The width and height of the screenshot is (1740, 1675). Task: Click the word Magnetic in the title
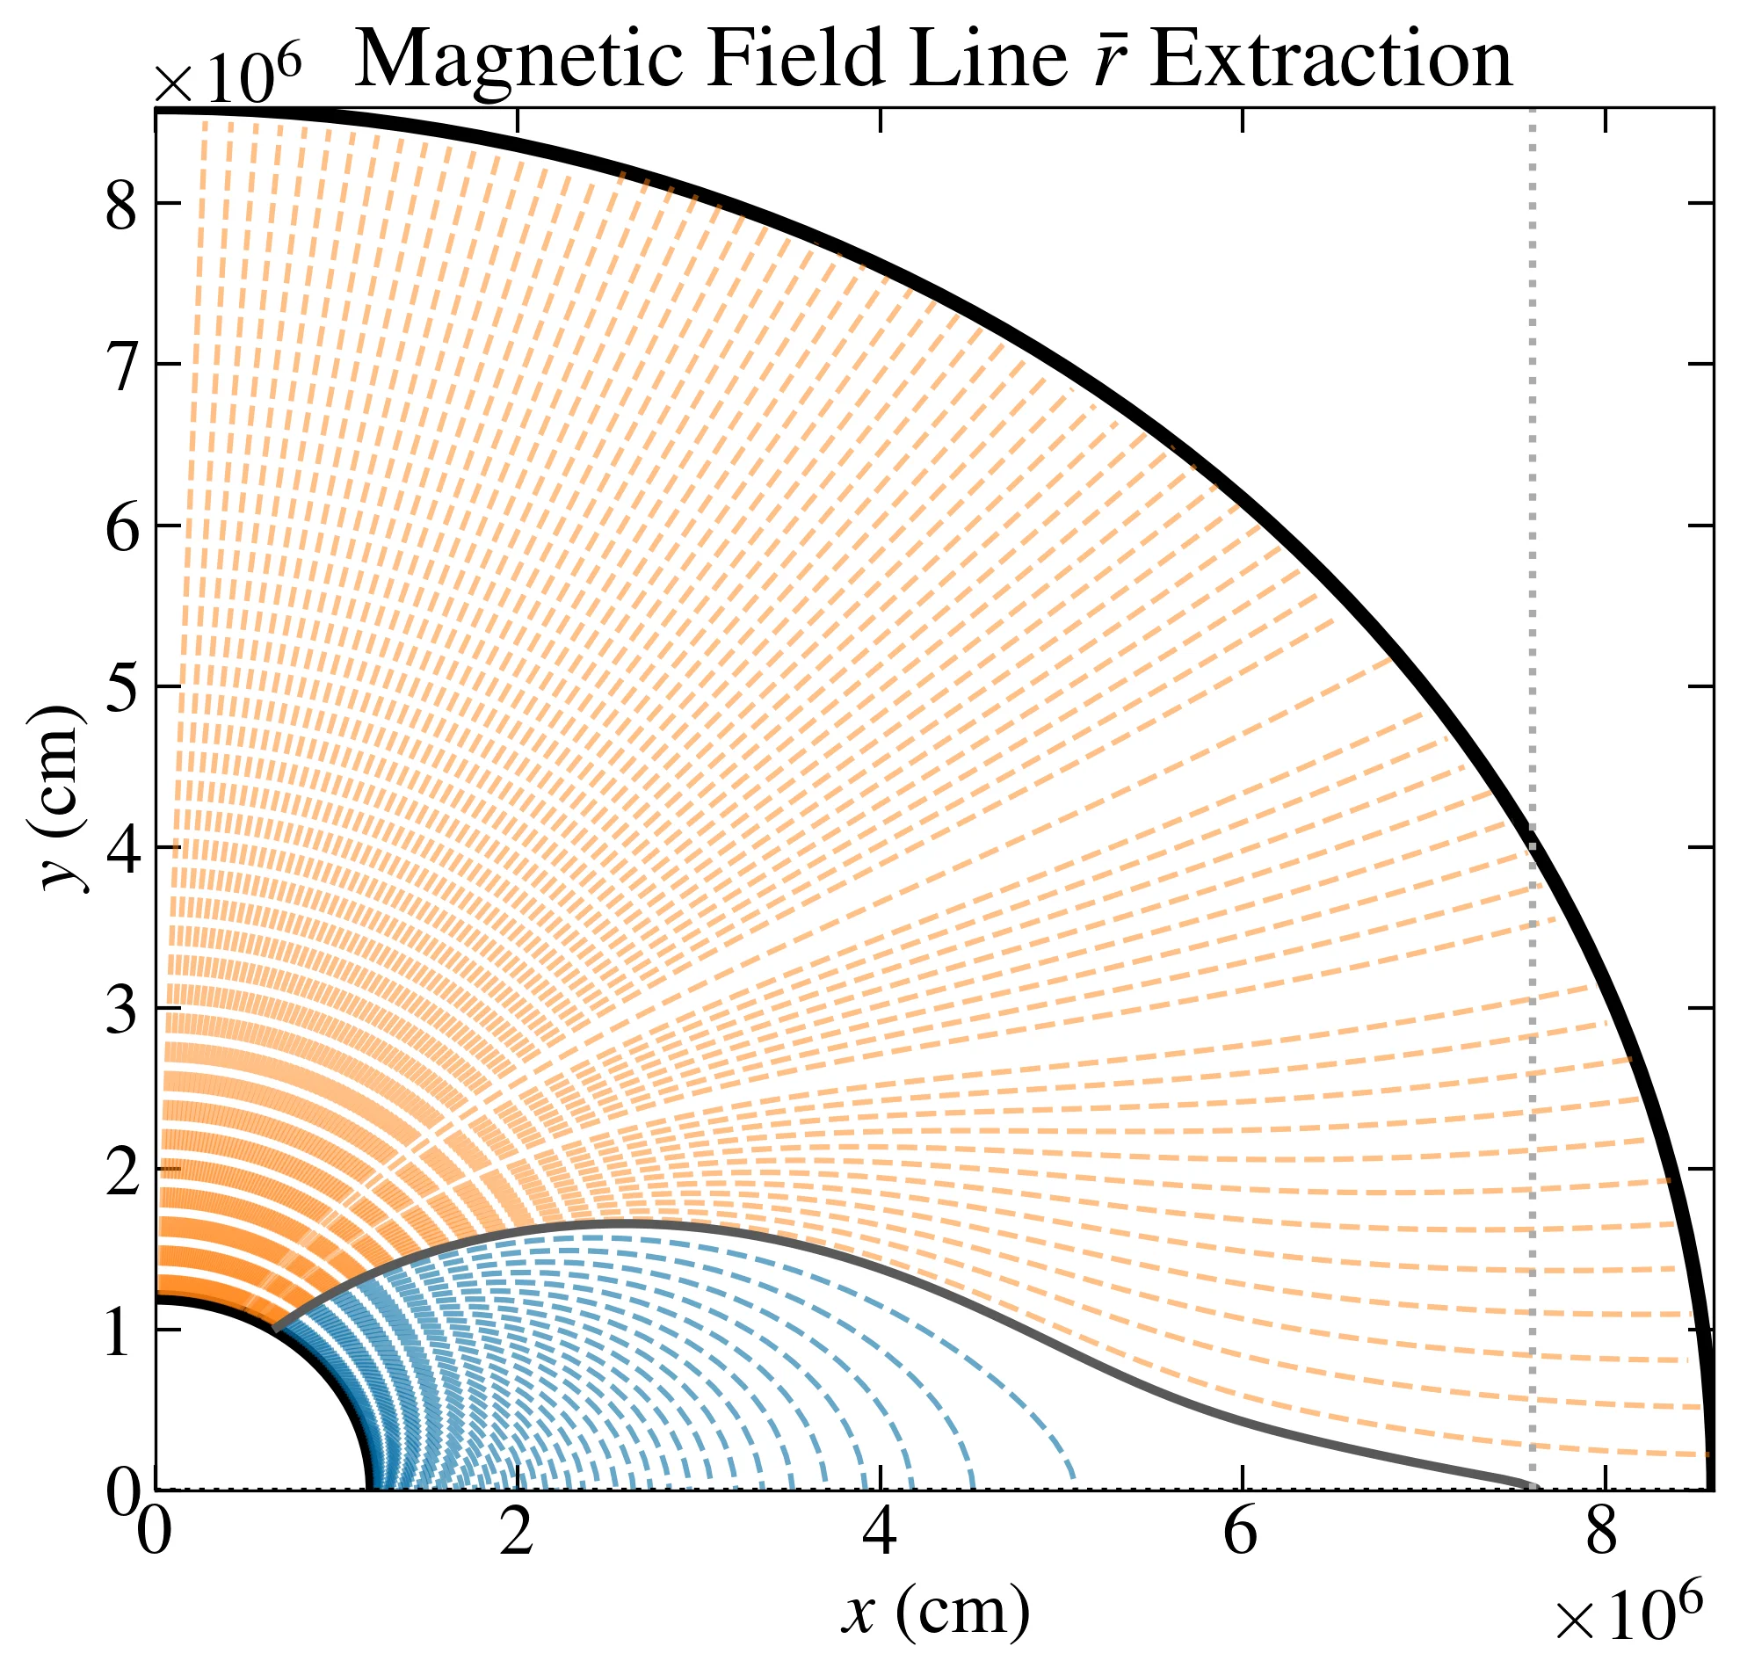[518, 61]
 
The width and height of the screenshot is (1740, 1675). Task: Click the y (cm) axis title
[64, 798]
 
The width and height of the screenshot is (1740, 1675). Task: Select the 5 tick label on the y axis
[121, 688]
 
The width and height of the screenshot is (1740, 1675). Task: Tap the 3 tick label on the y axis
[121, 1011]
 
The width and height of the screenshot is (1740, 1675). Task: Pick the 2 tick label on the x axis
[516, 1533]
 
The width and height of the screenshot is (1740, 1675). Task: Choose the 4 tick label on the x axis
[879, 1533]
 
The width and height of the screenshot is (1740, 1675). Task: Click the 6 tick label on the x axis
[1240, 1533]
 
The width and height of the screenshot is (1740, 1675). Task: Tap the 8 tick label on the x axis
[1602, 1533]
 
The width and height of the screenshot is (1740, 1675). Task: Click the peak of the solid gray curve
[621, 1225]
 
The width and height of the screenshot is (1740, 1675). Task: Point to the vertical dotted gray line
[1532, 533]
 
